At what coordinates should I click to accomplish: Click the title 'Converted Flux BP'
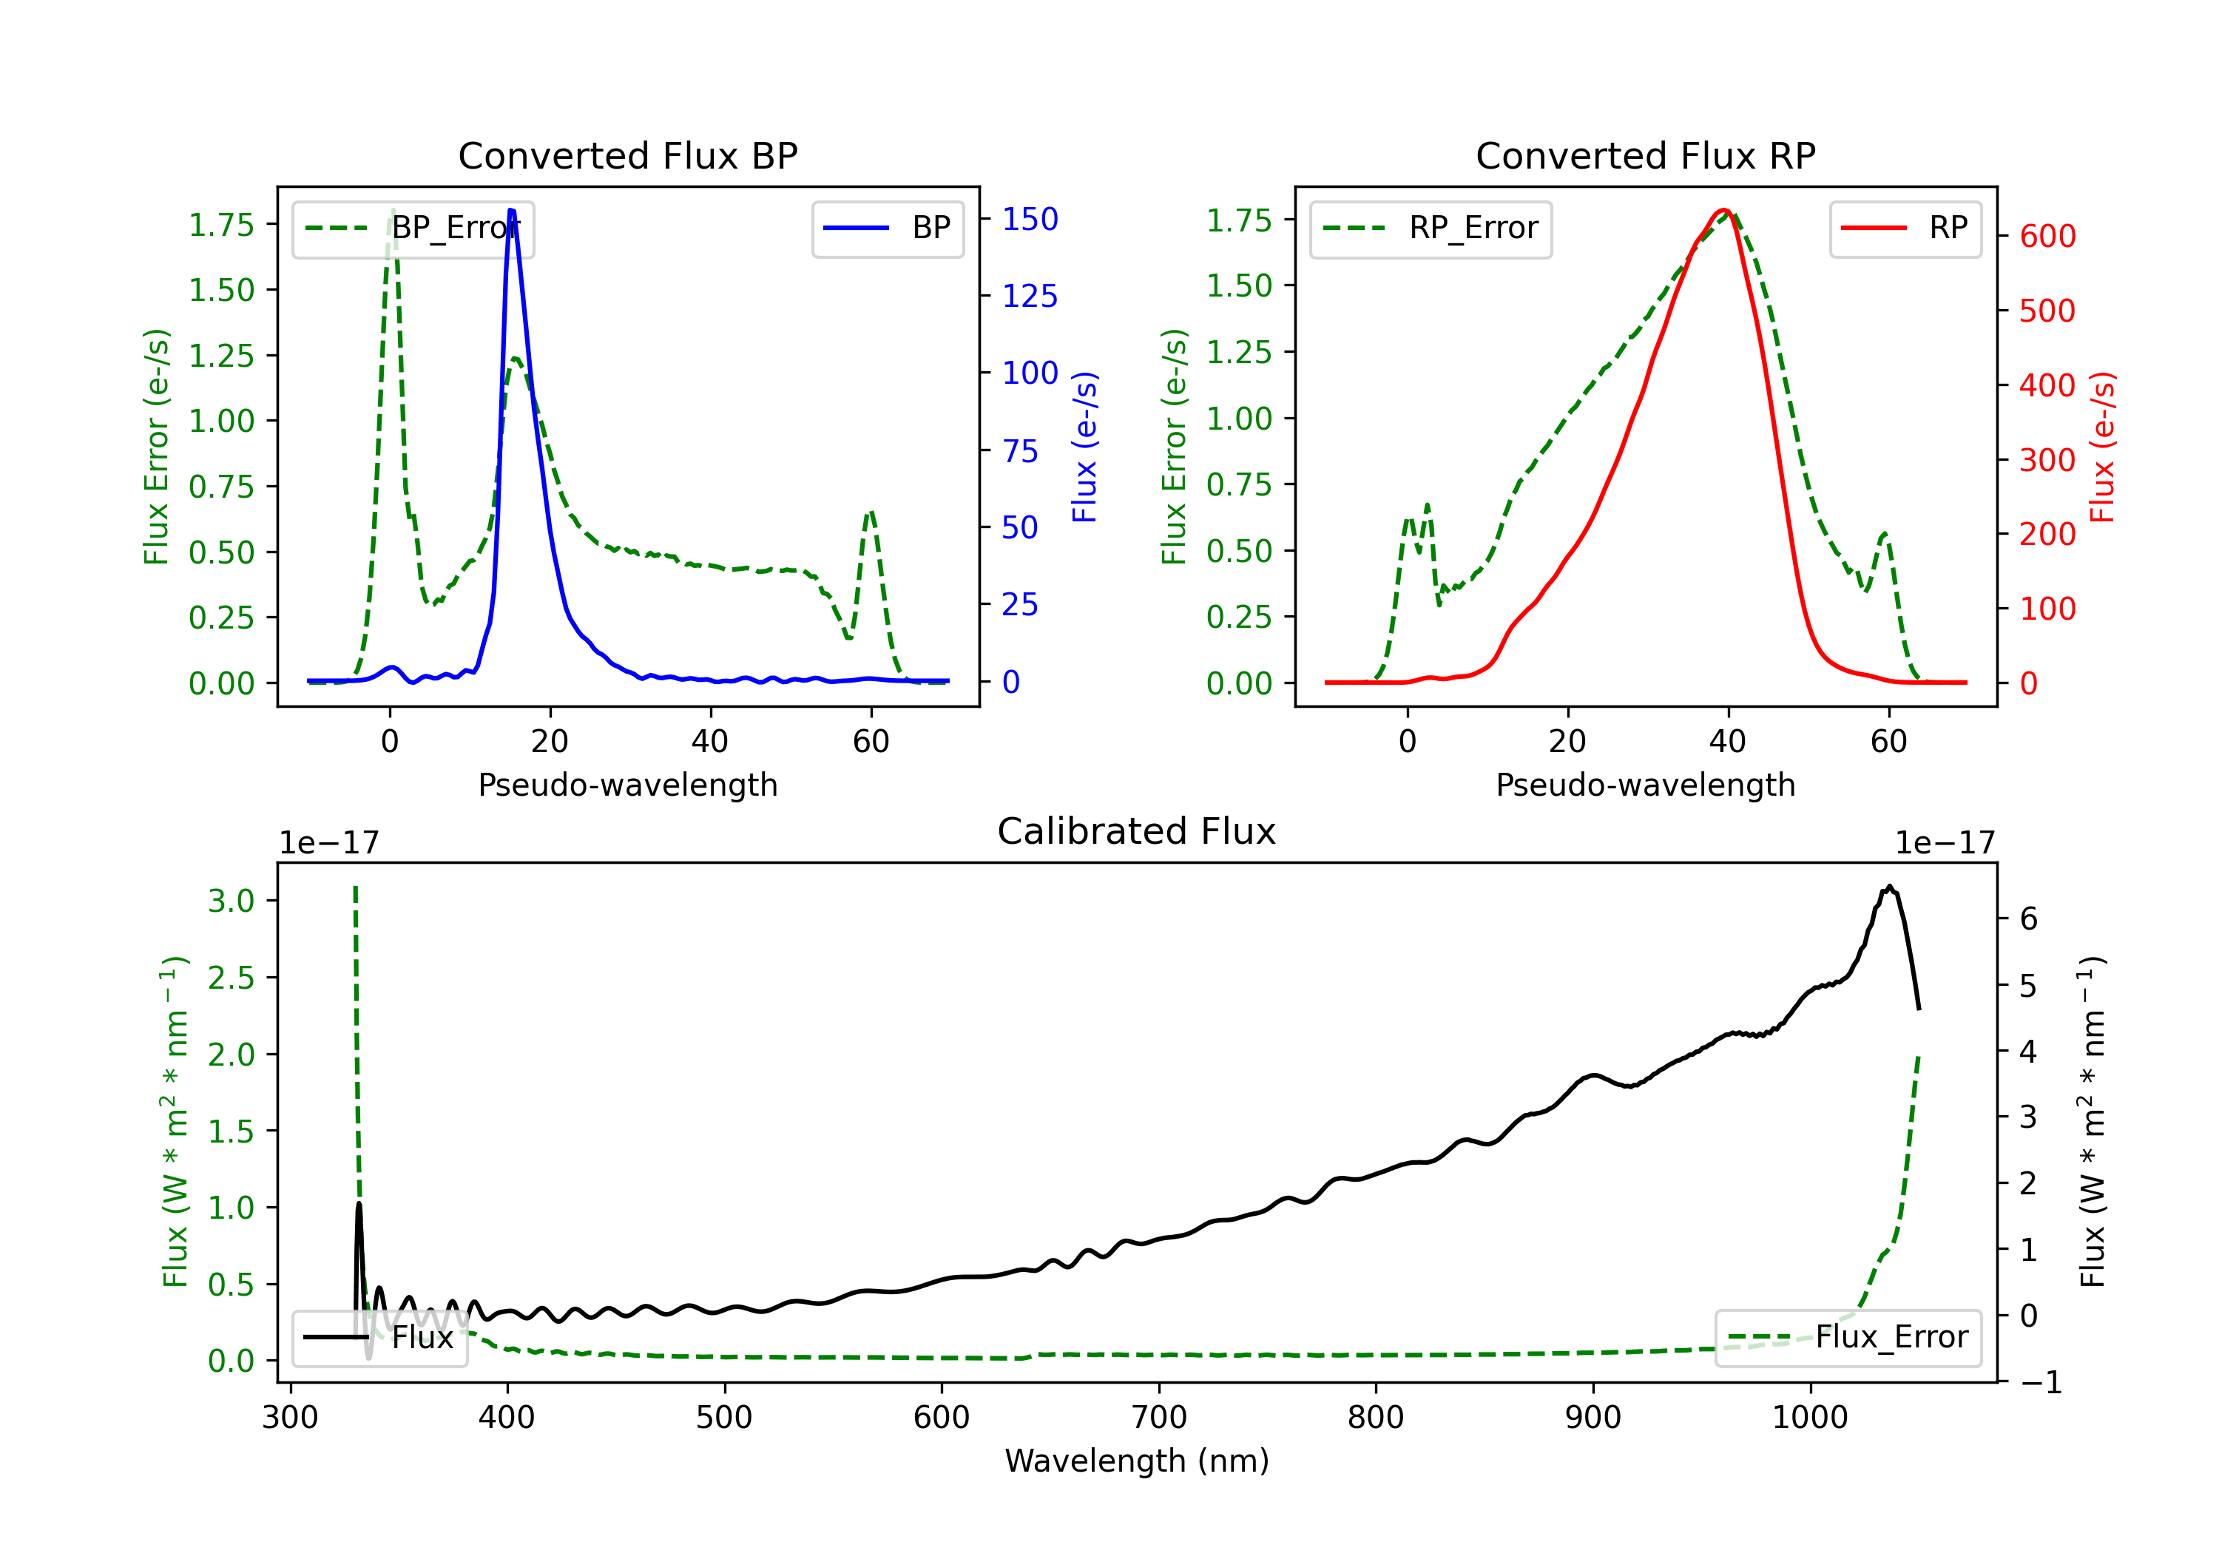pos(627,155)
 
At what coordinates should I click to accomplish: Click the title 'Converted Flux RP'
pos(1645,155)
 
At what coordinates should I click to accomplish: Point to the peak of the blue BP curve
pos(511,210)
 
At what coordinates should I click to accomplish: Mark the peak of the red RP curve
pos(1724,210)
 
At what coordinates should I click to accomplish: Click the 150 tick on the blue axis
pos(1030,220)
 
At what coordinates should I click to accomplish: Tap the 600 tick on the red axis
pos(2047,236)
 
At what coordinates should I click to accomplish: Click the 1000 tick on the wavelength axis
pos(1809,1417)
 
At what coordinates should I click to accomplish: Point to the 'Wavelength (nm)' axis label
pos(1137,1461)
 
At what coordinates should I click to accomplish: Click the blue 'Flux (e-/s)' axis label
pos(1084,447)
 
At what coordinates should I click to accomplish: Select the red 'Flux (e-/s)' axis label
pos(2102,447)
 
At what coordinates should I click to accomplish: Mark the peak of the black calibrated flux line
pos(1888,886)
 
